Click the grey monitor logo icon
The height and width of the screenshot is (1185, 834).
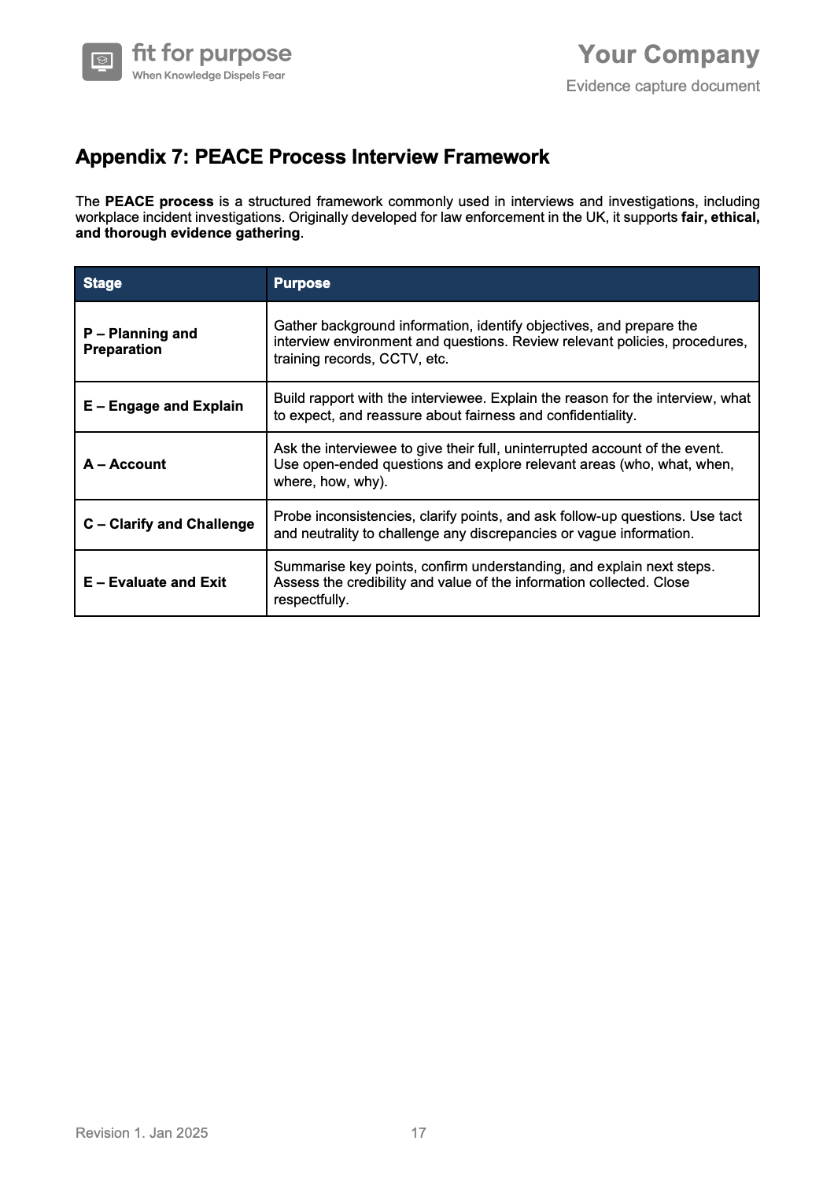tap(102, 61)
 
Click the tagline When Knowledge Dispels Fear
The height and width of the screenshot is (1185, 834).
tap(208, 76)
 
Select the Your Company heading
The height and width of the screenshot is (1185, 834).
tap(669, 54)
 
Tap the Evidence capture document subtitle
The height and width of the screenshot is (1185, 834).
tap(662, 86)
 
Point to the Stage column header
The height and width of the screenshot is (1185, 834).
tap(102, 283)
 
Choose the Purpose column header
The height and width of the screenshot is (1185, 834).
tap(301, 283)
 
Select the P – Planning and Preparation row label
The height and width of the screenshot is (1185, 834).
tap(140, 341)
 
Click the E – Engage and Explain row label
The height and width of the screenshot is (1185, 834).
tap(163, 406)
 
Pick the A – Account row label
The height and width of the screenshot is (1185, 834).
tap(124, 464)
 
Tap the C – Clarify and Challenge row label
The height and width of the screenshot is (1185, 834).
tap(168, 524)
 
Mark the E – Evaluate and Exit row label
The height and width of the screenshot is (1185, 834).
tap(154, 582)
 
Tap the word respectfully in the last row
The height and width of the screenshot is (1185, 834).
tap(310, 600)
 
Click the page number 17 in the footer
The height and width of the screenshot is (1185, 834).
tap(419, 1132)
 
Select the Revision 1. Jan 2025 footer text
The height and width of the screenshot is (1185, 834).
tap(142, 1132)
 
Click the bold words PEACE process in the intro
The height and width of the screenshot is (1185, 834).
tap(159, 201)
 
